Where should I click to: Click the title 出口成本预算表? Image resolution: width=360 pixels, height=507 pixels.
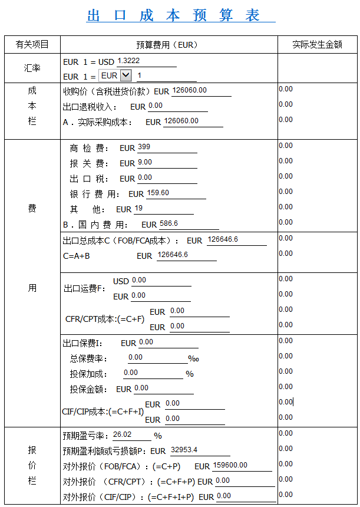[174, 16]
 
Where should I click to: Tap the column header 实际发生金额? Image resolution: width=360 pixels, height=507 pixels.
[317, 45]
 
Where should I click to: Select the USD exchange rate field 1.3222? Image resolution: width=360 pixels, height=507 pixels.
[146, 61]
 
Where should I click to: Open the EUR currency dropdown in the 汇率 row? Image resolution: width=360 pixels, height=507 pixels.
[125, 75]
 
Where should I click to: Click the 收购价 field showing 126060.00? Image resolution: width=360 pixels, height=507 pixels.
[200, 91]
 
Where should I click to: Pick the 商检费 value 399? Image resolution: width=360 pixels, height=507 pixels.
[167, 147]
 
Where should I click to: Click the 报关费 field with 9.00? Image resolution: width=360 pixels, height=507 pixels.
[167, 163]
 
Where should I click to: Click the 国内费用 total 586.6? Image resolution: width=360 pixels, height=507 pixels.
[189, 224]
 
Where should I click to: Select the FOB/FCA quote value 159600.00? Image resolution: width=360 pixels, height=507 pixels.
[242, 466]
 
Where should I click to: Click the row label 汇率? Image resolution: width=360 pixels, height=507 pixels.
[32, 68]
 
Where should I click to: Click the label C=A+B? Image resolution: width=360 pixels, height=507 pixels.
[77, 256]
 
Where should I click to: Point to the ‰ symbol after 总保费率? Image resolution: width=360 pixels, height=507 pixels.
[193, 358]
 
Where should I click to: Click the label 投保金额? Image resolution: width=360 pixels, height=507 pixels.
[89, 389]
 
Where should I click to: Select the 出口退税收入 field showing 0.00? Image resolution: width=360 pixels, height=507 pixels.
[177, 106]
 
